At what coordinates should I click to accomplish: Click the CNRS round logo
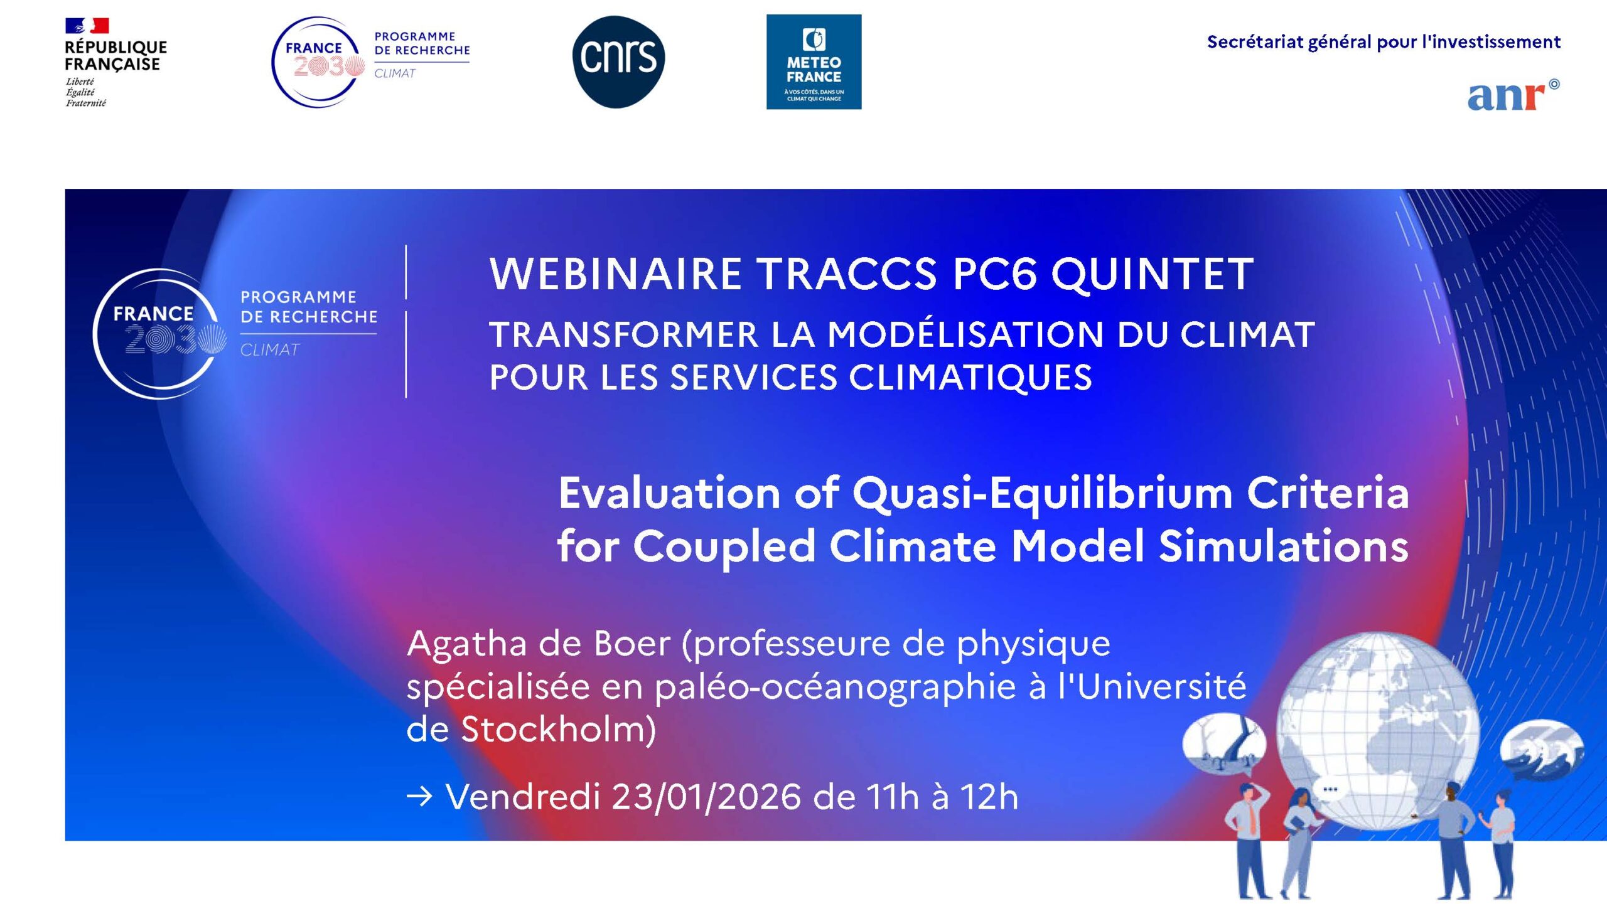pyautogui.click(x=618, y=61)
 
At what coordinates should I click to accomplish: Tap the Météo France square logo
pyautogui.click(x=814, y=61)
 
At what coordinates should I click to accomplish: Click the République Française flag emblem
pyautogui.click(x=87, y=26)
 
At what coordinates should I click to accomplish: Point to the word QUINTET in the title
pyautogui.click(x=1152, y=274)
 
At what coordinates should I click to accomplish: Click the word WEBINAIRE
pyautogui.click(x=615, y=274)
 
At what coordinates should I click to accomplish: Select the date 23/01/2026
pyautogui.click(x=706, y=797)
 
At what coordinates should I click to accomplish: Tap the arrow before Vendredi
pyautogui.click(x=419, y=797)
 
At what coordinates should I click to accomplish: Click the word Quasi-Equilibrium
pyautogui.click(x=1042, y=493)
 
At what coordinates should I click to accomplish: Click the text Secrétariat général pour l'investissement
pyautogui.click(x=1383, y=42)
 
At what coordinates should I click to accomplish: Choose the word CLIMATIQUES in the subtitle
pyautogui.click(x=970, y=378)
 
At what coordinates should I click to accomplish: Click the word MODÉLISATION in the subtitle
pyautogui.click(x=965, y=334)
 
